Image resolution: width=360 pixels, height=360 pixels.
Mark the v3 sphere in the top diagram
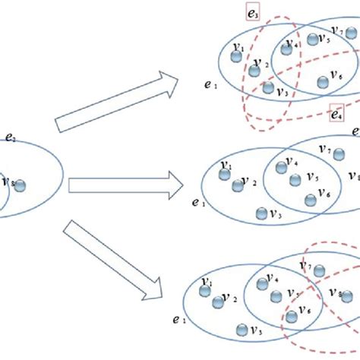(x=268, y=87)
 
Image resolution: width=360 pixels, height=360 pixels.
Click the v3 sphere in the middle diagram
(x=262, y=212)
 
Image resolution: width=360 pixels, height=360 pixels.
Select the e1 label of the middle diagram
(x=198, y=203)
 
